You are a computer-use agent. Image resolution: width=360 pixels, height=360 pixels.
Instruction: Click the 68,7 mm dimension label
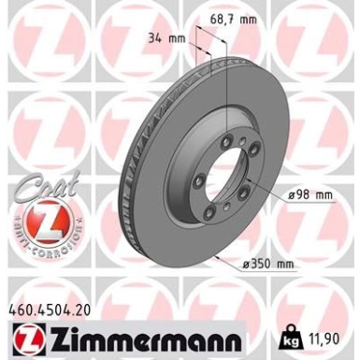click(234, 18)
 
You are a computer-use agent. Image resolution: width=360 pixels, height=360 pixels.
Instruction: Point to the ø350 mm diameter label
click(266, 264)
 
